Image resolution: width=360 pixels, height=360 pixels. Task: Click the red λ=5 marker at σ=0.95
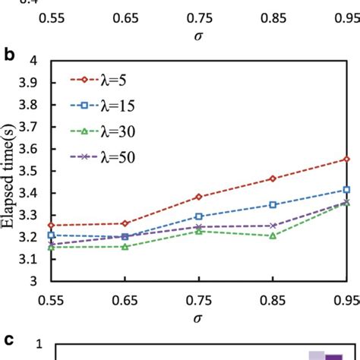346,159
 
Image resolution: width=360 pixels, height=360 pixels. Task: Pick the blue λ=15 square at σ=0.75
199,216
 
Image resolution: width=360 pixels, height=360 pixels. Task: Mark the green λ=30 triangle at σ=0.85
273,235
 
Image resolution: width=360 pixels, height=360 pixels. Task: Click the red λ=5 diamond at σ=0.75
199,197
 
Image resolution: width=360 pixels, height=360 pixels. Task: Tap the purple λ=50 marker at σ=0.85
273,226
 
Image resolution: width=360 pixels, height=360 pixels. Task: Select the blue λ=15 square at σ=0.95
346,190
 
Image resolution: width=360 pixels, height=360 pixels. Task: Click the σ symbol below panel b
198,318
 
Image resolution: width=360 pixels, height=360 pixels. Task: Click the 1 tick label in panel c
38,345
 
